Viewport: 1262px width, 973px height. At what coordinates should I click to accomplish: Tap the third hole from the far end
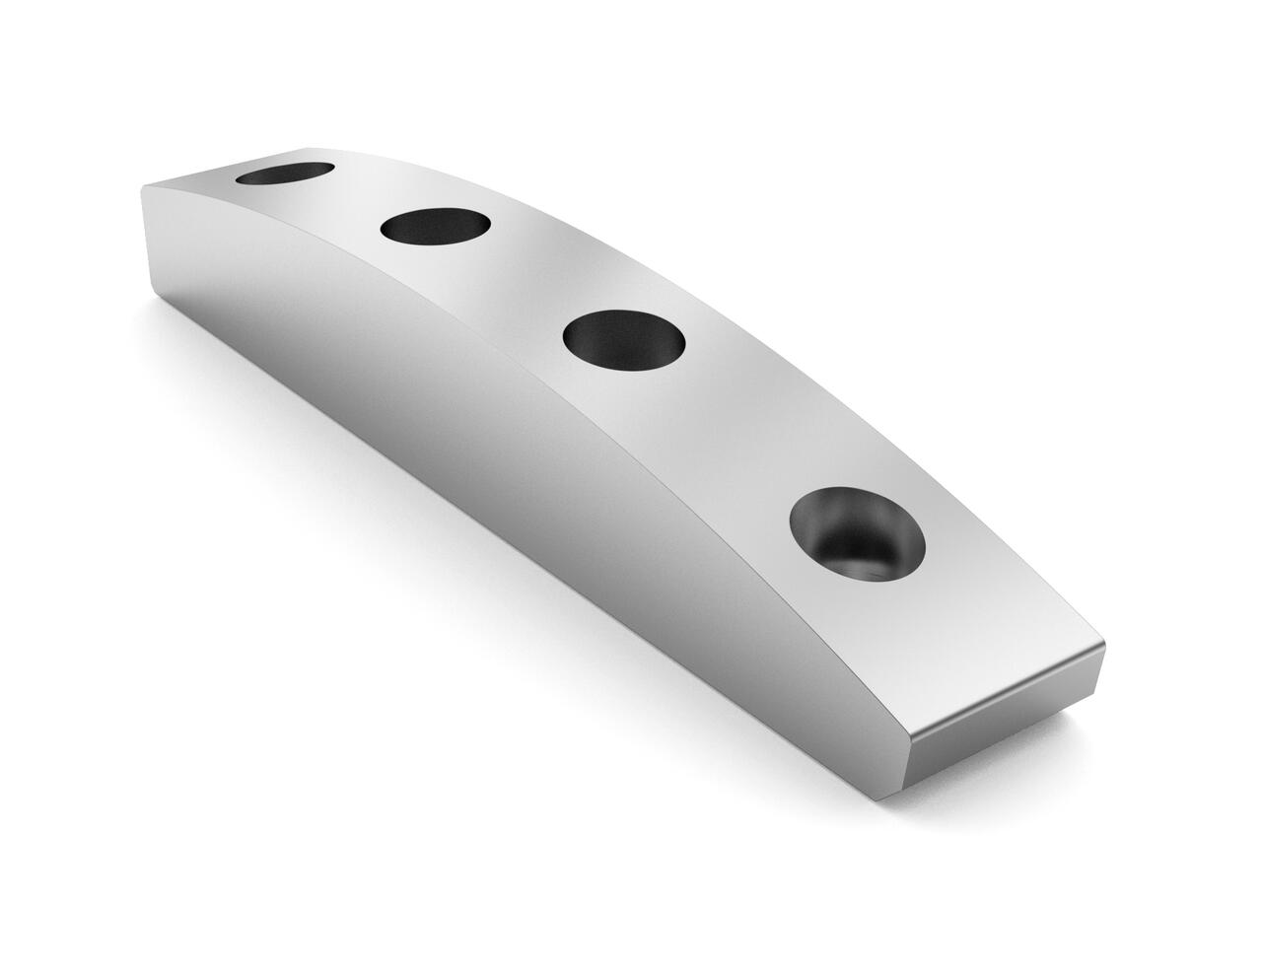tap(623, 339)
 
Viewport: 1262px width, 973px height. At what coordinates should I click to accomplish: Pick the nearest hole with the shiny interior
tap(858, 536)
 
